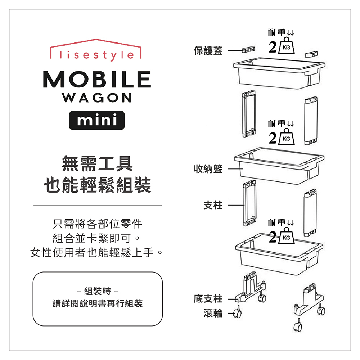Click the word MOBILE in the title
click(x=96, y=80)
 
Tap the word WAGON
click(x=96, y=98)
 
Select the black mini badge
click(x=96, y=120)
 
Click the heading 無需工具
click(x=97, y=163)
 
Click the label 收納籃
click(x=208, y=169)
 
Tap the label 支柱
click(x=213, y=206)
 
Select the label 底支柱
click(x=208, y=298)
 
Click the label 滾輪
click(x=213, y=314)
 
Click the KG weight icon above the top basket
click(x=287, y=46)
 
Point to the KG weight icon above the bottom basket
click(x=287, y=236)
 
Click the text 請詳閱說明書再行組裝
click(x=98, y=303)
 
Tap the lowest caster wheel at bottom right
click(x=297, y=326)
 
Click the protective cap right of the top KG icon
click(x=312, y=54)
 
